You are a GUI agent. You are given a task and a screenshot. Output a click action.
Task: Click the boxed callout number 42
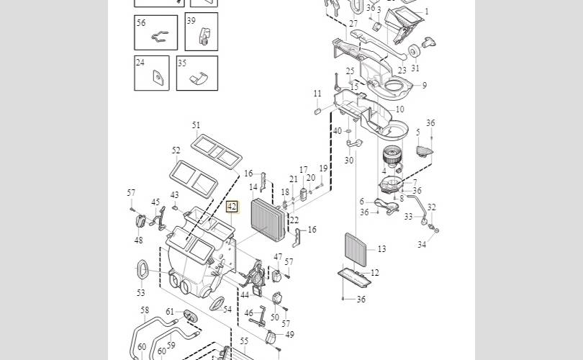[232, 207]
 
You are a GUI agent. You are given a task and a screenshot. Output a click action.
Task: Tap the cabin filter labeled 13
[356, 250]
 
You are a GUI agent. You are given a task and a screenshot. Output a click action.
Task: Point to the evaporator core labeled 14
[268, 220]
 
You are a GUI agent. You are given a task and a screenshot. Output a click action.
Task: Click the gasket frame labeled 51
[217, 151]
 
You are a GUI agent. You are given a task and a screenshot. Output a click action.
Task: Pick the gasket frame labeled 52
[194, 179]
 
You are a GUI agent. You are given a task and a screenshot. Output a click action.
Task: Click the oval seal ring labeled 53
[143, 269]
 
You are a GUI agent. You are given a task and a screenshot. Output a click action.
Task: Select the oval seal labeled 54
[217, 303]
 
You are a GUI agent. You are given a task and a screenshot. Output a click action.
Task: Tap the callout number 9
[425, 85]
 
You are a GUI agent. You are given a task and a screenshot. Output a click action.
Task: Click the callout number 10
[400, 109]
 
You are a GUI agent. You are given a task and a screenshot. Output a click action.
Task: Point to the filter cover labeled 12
[355, 277]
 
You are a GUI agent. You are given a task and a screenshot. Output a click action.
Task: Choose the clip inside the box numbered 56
[161, 36]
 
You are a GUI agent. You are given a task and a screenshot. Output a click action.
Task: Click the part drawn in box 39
[204, 35]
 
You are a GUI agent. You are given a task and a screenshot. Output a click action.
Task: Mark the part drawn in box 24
[158, 78]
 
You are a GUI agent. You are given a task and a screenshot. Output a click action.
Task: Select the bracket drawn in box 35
[199, 78]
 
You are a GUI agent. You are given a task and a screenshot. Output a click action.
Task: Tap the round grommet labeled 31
[414, 50]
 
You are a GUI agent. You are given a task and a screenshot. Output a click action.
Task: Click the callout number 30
[349, 161]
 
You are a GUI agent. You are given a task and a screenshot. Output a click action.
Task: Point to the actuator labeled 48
[140, 221]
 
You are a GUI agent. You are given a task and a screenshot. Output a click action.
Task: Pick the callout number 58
[145, 310]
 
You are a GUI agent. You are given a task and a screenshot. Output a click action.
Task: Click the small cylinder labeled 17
[303, 194]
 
